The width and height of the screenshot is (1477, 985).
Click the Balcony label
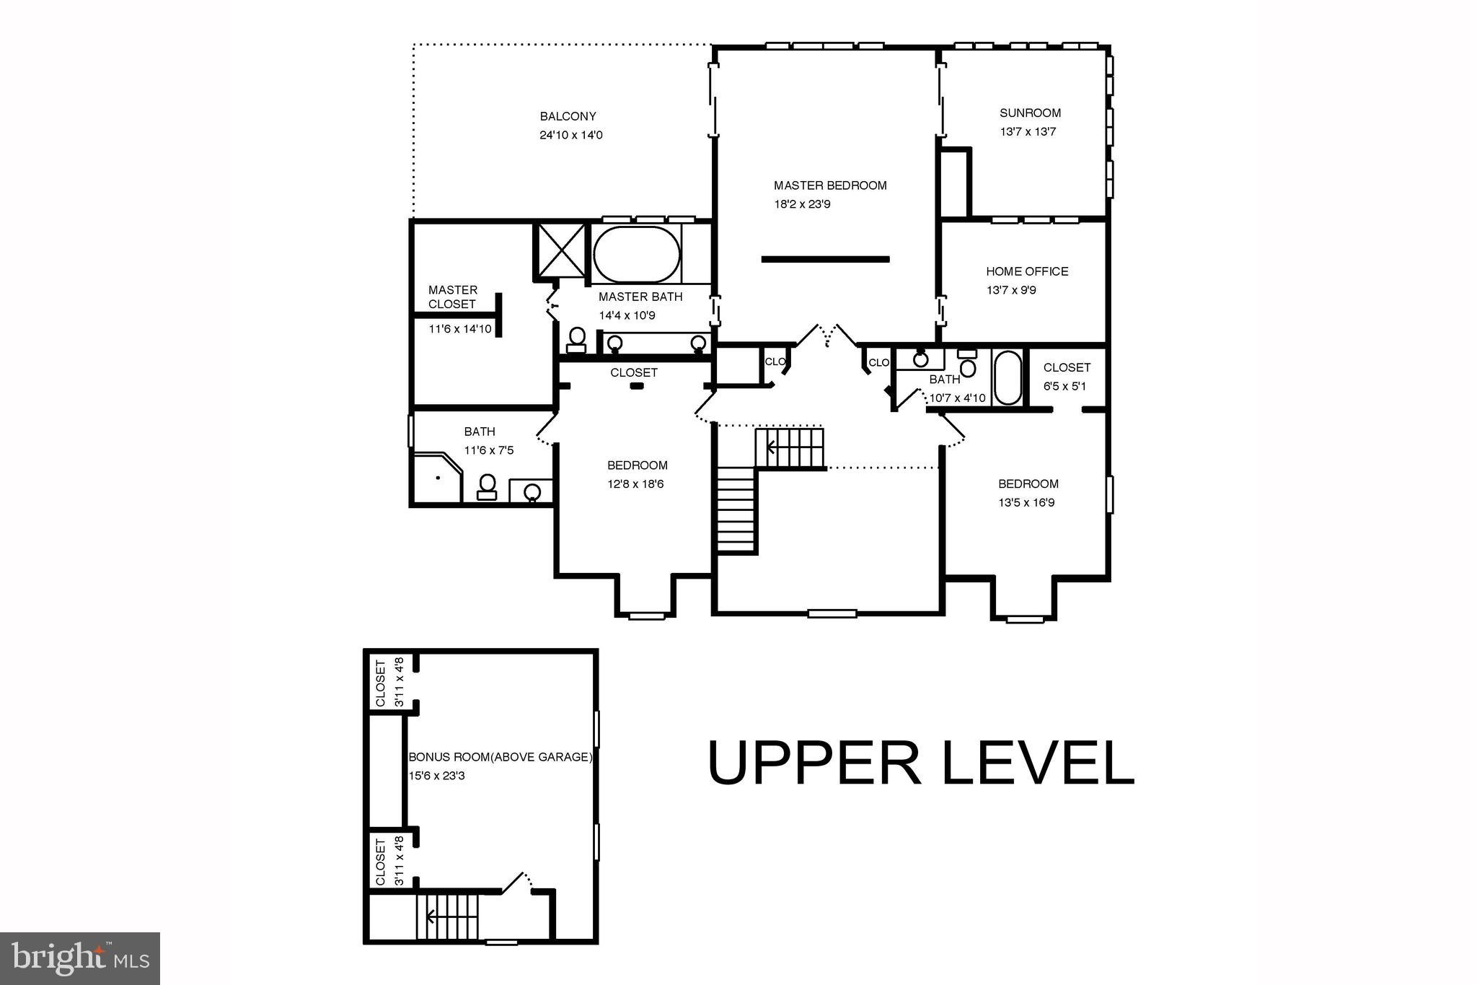(568, 116)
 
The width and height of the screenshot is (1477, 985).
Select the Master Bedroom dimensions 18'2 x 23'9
(802, 204)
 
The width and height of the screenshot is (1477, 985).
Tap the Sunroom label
(1030, 113)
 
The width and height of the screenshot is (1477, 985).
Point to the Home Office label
(1027, 271)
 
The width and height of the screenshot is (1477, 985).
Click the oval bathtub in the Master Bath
(636, 255)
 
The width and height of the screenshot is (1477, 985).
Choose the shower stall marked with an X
(560, 250)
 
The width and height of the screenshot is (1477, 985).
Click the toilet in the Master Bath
(577, 339)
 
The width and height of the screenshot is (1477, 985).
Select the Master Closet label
(452, 297)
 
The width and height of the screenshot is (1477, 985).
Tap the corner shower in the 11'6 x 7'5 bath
(436, 477)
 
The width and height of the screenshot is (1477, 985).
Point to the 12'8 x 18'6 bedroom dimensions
(635, 484)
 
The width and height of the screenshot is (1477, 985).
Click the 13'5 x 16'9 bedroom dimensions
(1026, 503)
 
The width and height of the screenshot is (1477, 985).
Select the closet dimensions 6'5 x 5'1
(1064, 386)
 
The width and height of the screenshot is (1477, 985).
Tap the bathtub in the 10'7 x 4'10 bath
(1008, 377)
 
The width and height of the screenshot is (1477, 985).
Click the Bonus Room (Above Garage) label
(501, 758)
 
